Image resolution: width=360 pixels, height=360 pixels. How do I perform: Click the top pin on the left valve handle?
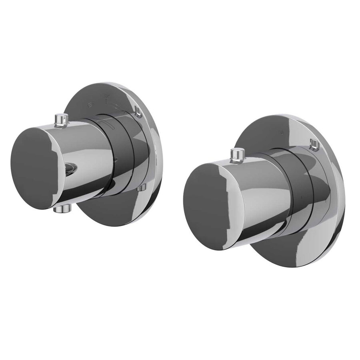(60, 119)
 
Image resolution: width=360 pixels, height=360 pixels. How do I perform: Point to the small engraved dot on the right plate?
(282, 131)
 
